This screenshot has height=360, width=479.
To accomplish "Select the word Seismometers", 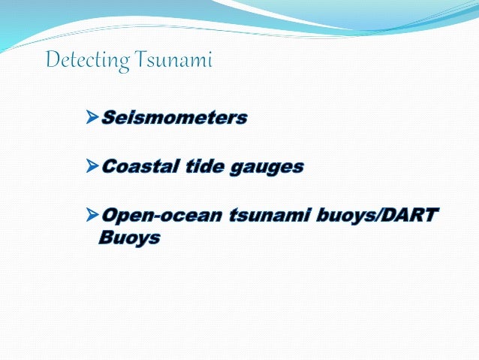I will [x=173, y=118].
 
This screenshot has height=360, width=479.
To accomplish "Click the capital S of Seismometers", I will [x=108, y=118].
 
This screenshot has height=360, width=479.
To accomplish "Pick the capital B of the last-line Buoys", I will [x=107, y=239].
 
